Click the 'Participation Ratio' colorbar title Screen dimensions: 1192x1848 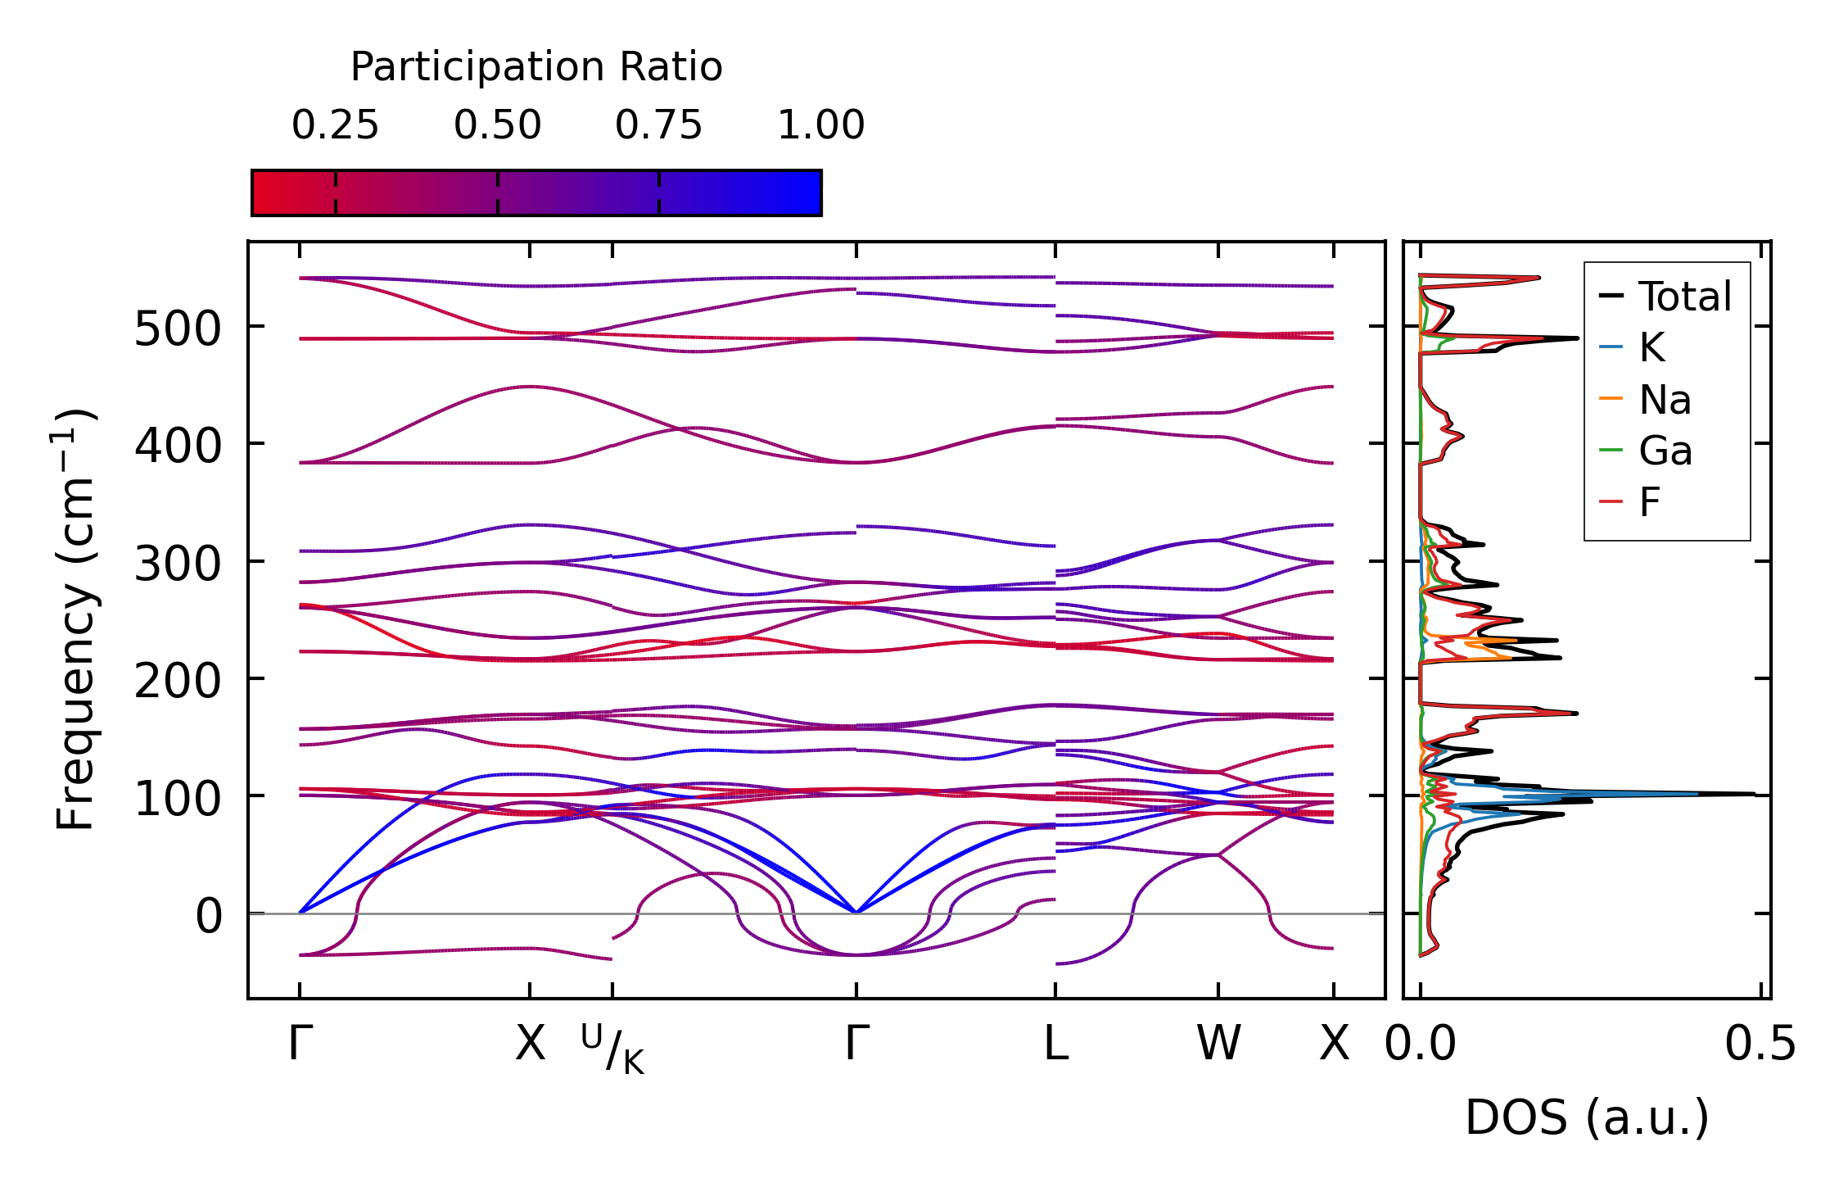coord(536,66)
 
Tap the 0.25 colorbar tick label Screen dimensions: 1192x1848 coord(335,125)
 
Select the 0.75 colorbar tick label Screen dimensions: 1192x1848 coord(659,125)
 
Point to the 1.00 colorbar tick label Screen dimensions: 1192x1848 coord(820,125)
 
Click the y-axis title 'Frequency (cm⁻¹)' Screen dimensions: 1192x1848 coord(76,619)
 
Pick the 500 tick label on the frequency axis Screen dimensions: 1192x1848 coord(178,330)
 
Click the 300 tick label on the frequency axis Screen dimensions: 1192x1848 coord(178,564)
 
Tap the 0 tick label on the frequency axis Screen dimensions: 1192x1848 coord(209,916)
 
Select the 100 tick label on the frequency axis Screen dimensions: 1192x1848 coord(178,799)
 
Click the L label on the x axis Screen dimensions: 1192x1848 coord(1055,1044)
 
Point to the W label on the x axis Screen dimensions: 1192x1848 coord(1218,1044)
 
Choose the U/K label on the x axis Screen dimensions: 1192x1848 coord(612,1049)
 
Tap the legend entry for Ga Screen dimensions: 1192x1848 coord(1665,451)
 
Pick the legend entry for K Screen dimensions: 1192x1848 coord(1651,348)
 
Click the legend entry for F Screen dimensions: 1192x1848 coord(1649,502)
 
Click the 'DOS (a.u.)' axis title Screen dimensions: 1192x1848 coord(1587,1117)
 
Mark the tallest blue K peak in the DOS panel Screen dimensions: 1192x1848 coord(1695,793)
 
